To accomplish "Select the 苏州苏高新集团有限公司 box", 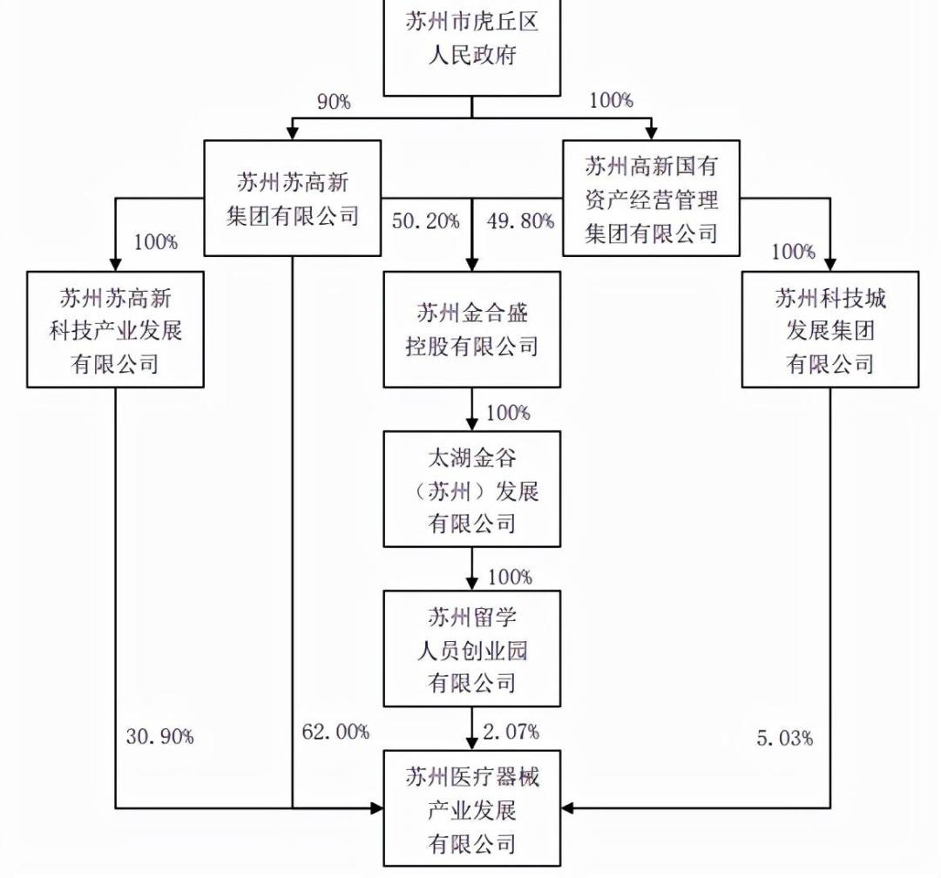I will pyautogui.click(x=293, y=198).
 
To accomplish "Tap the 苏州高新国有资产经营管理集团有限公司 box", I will pyautogui.click(x=651, y=199).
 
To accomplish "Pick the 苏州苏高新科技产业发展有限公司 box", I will pyautogui.click(x=115, y=329).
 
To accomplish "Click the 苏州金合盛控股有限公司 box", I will pyautogui.click(x=472, y=329).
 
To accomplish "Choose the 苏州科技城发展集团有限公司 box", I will pyautogui.click(x=829, y=329).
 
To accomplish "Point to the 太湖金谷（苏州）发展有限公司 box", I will pyautogui.click(x=472, y=490).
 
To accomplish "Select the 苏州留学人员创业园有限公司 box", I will pyautogui.click(x=472, y=649).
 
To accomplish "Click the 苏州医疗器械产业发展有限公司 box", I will pyautogui.click(x=472, y=809).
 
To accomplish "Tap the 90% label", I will pyautogui.click(x=333, y=102).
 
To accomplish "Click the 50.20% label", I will pyautogui.click(x=425, y=221).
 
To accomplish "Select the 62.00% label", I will pyautogui.click(x=335, y=733).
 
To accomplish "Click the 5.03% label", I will pyautogui.click(x=786, y=738).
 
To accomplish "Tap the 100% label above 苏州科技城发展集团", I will pyautogui.click(x=794, y=253).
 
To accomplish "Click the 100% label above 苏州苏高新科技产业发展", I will pyautogui.click(x=155, y=241).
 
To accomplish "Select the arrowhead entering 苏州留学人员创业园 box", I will pyautogui.click(x=472, y=584).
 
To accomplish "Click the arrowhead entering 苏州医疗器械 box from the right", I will pyautogui.click(x=567, y=809).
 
